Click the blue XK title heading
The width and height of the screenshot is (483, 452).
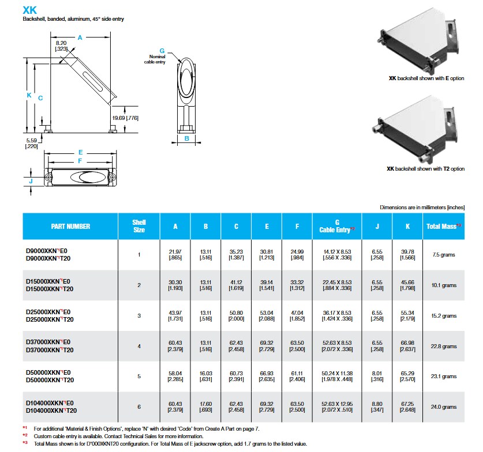(x=29, y=9)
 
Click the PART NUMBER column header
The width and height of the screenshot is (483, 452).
(x=70, y=226)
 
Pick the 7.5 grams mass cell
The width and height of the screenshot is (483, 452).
(x=444, y=254)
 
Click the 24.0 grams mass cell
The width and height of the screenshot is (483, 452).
(x=444, y=407)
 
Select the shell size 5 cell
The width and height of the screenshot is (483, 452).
(x=139, y=376)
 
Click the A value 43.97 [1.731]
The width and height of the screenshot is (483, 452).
(x=175, y=315)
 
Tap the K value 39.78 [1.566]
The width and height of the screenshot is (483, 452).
(x=407, y=254)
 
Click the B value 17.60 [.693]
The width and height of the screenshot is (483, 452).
(x=205, y=407)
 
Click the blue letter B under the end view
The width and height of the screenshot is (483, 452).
(x=186, y=138)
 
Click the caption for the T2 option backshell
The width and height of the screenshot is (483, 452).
(x=425, y=169)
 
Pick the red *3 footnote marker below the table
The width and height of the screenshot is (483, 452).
(x=25, y=443)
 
